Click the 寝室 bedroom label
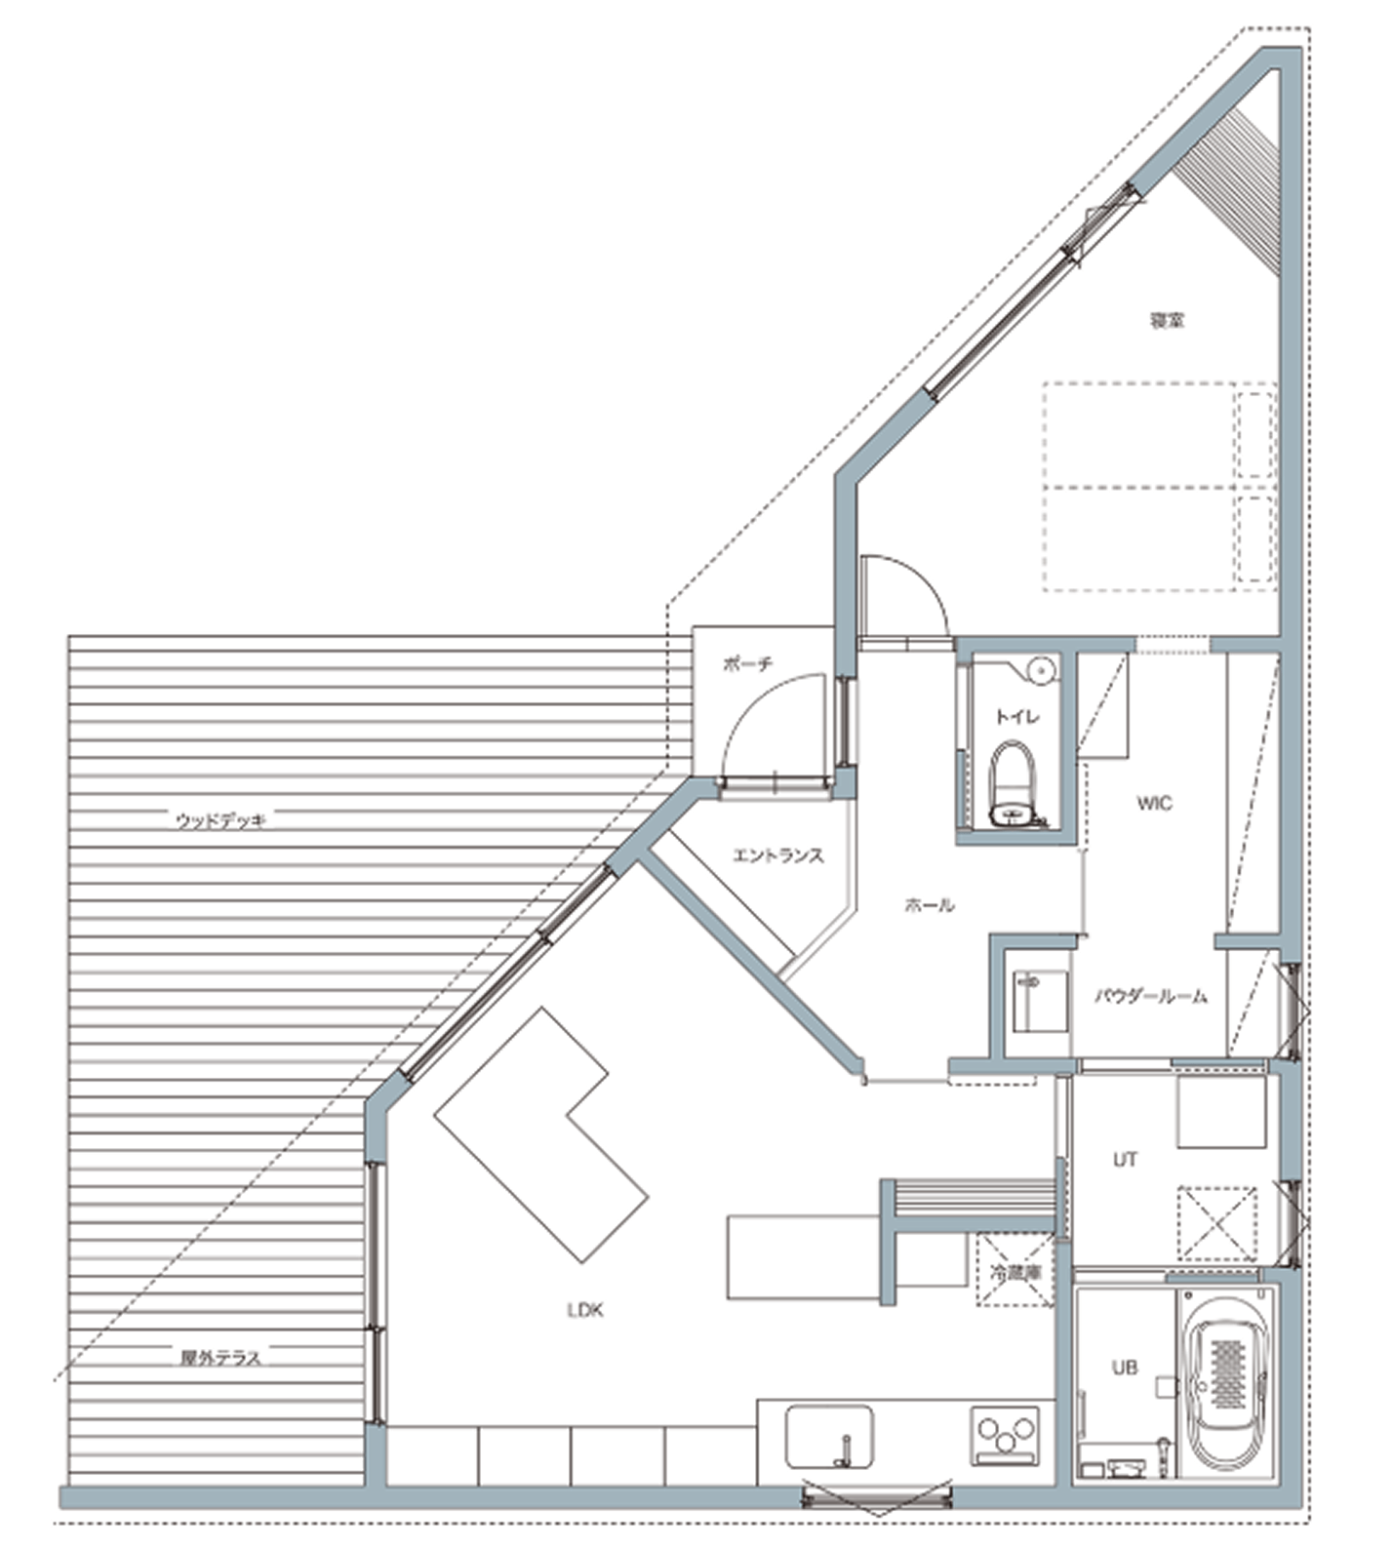(x=1167, y=320)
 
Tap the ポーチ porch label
(x=749, y=665)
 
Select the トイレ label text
(x=1016, y=717)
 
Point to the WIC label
(x=1154, y=804)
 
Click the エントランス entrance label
(x=778, y=855)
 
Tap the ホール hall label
(x=930, y=905)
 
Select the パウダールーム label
(x=1151, y=997)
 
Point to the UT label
(x=1125, y=1160)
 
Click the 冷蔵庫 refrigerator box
(x=1015, y=1270)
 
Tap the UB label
(x=1125, y=1369)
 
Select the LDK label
(x=585, y=1310)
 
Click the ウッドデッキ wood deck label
(x=220, y=820)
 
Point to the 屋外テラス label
(x=220, y=1357)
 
